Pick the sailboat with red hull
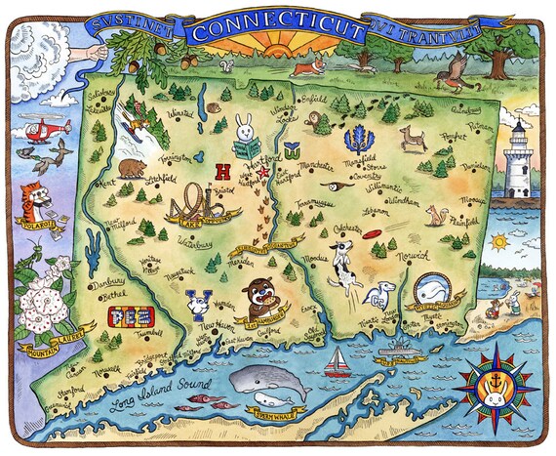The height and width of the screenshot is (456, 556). [337, 363]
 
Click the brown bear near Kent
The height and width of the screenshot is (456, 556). [127, 169]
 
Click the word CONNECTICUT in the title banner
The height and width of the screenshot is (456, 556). [275, 30]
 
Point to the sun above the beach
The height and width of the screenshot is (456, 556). [499, 240]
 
